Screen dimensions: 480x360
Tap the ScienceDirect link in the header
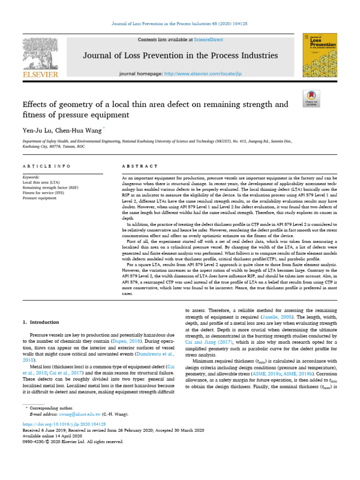pos(210,40)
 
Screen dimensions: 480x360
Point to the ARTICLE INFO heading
pos(46,166)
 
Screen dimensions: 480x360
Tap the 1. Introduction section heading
pos(41,322)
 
